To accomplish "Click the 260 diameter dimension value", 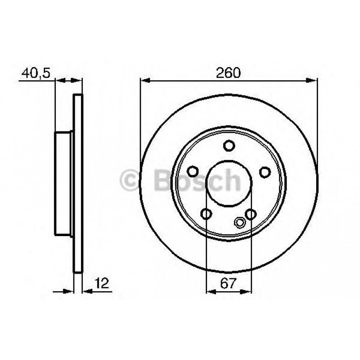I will pyautogui.click(x=229, y=72).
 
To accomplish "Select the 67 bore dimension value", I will pyautogui.click(x=229, y=282).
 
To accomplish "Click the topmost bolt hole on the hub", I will pyautogui.click(x=229, y=146).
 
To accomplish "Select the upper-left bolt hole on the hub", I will pyautogui.click(x=193, y=172).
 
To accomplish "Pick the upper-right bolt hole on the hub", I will pyautogui.click(x=265, y=172).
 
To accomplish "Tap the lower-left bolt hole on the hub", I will pyautogui.click(x=206, y=214).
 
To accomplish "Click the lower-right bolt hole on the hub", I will pyautogui.click(x=251, y=214).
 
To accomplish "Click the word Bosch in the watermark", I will pyautogui.click(x=197, y=180).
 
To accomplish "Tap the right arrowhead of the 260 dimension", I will pyautogui.click(x=313, y=81).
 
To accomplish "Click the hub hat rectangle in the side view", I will pyautogui.click(x=64, y=183).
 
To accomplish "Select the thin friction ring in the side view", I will pyautogui.click(x=78, y=183).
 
